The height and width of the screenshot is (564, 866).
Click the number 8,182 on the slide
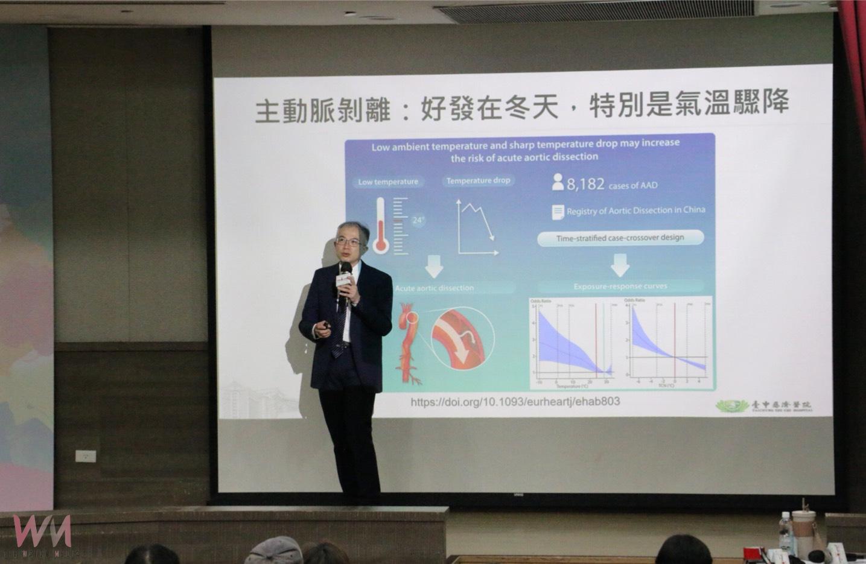pos(585,184)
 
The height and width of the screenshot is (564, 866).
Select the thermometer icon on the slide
pos(381,225)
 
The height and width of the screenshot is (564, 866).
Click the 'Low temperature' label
pos(388,182)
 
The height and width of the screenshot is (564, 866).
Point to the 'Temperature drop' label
pos(478,180)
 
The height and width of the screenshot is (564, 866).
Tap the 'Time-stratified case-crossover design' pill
pos(620,238)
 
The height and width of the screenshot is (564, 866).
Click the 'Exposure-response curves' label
pos(620,286)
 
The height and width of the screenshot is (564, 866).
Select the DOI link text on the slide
pos(515,401)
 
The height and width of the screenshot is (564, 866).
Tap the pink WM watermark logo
pos(42,533)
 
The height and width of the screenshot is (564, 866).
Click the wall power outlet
pos(86,456)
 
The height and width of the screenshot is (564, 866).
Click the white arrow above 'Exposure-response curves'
pos(620,264)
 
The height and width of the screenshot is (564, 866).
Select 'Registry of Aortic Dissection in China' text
pos(635,211)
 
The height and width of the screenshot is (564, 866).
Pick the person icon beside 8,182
pos(558,182)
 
